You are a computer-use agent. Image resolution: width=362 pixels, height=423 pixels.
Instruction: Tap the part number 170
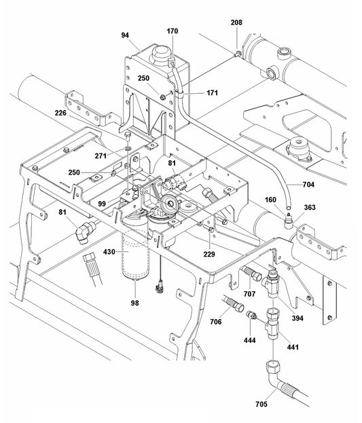(x=173, y=31)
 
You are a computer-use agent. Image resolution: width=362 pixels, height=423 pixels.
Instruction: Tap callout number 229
(x=210, y=254)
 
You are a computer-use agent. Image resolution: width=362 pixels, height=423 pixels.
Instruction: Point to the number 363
(x=309, y=208)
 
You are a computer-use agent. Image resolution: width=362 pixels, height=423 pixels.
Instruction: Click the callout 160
(x=271, y=200)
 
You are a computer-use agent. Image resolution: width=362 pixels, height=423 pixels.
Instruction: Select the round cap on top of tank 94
(x=162, y=53)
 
